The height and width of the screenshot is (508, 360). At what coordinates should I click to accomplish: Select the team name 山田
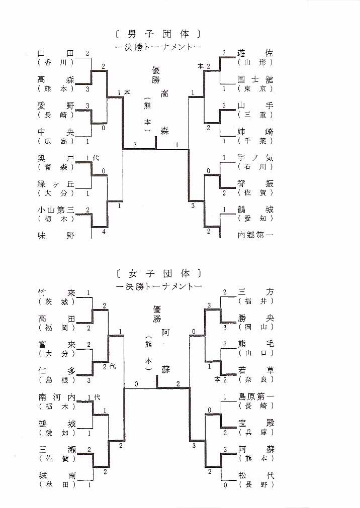coord(56,53)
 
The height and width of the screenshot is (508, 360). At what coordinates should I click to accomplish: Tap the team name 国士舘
coord(255,79)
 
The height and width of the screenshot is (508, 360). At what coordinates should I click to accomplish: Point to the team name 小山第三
coord(56,211)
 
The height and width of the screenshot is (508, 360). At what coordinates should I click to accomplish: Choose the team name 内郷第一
coord(255,235)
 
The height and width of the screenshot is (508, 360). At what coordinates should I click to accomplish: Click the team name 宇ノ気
coord(255,157)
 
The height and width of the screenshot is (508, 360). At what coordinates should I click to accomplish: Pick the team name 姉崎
coord(255,132)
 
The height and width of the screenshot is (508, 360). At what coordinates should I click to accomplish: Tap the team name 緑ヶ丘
coord(56,184)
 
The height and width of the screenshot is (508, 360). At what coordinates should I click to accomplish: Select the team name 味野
coord(56,235)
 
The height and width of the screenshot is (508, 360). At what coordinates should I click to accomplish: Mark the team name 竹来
coord(56,292)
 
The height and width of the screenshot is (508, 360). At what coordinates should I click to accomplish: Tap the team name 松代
coord(255,475)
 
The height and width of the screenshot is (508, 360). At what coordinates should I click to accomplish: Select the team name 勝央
coord(255,319)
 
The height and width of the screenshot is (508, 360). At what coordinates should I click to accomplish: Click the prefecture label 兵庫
coord(255,432)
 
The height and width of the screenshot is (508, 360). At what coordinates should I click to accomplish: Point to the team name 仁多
coord(56,371)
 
